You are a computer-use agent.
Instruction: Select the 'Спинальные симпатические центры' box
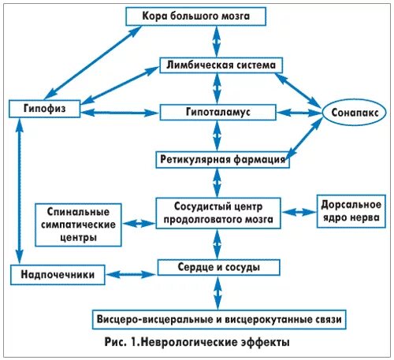[x=78, y=224]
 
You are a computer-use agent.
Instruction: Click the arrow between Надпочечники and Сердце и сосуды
[x=133, y=271]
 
